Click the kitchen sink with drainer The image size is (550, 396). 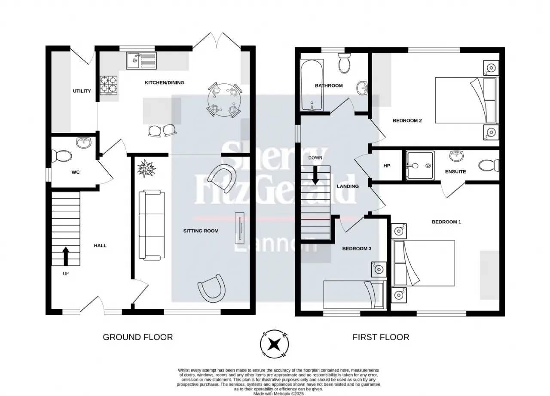coord(141,61)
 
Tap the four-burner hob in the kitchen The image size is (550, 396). coord(109,85)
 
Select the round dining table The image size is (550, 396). coord(224,100)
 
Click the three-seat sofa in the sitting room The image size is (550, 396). coord(152,225)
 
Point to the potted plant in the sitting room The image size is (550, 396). coord(147,168)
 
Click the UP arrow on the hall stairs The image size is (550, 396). coord(66,256)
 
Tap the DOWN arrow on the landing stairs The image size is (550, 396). coord(315,175)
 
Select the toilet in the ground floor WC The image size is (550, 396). coord(61,155)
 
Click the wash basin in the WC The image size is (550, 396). coord(84,143)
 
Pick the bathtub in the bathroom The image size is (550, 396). coord(312,85)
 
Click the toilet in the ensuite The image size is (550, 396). coord(489,165)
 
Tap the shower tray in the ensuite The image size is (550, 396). coord(420,166)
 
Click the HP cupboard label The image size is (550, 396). coord(387,166)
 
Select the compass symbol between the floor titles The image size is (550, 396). coord(274,344)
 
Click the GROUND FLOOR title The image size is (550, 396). coord(138,337)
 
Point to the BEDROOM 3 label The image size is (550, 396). coord(357,249)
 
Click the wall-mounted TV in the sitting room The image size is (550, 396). coord(240,228)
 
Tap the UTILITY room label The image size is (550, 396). coord(82,91)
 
